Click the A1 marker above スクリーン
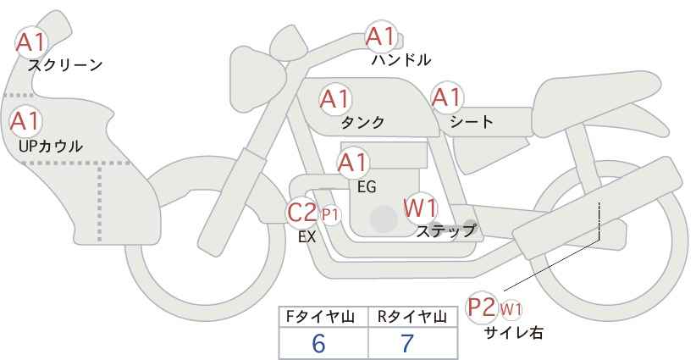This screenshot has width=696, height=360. (x=31, y=42)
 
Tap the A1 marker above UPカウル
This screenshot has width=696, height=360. (x=25, y=122)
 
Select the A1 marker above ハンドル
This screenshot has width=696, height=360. (x=381, y=36)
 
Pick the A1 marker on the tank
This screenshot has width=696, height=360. (x=335, y=99)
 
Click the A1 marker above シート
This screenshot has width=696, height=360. (x=447, y=97)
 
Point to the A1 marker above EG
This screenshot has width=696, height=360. (x=353, y=163)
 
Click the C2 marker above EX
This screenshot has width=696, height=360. (x=302, y=212)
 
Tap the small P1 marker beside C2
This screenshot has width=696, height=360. (x=330, y=215)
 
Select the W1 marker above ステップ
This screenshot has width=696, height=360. (x=421, y=208)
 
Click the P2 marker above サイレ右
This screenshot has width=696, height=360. (x=482, y=307)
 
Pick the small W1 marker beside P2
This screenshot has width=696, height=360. (x=511, y=309)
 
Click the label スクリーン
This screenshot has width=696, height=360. (x=65, y=65)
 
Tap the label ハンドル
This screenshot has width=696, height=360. (x=401, y=60)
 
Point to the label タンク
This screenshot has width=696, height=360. (x=362, y=122)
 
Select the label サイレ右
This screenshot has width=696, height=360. (x=514, y=333)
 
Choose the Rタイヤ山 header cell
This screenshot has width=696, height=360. (x=413, y=317)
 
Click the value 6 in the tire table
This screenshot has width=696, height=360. (x=318, y=343)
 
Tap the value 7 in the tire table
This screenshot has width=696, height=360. (x=407, y=343)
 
